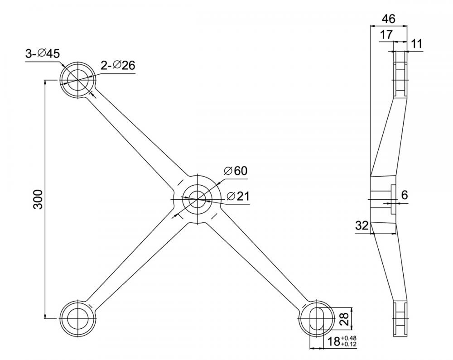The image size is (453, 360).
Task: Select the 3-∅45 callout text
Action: [x=42, y=53]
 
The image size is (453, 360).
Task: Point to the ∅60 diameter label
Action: [x=236, y=171]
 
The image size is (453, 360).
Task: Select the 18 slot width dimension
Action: [x=334, y=342]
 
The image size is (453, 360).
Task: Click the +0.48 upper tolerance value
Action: [x=350, y=338]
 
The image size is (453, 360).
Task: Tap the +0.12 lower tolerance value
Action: [x=350, y=345]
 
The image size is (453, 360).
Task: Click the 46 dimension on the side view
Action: [x=388, y=19]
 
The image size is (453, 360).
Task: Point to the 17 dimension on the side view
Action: [x=386, y=35]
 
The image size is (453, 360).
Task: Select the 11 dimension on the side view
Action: [x=417, y=44]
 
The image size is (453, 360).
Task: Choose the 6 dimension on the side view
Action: [x=405, y=195]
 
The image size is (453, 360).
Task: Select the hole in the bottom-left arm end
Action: [x=77, y=318]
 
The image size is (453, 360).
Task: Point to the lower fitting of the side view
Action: [x=400, y=319]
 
